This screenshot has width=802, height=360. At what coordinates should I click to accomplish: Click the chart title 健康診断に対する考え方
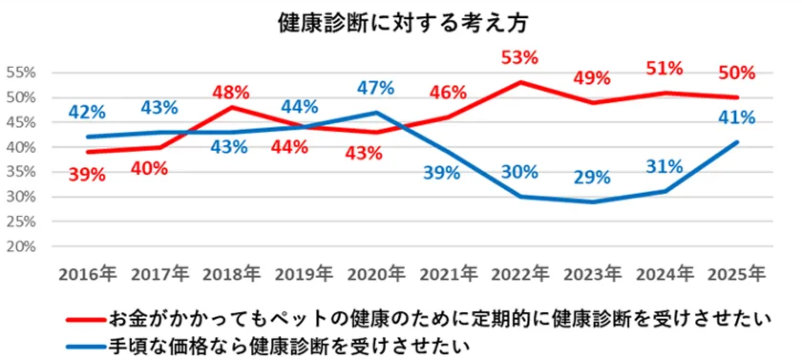click(400, 22)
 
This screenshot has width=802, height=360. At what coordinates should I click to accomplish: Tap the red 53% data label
click(521, 58)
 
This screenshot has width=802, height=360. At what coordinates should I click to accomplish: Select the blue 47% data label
click(375, 89)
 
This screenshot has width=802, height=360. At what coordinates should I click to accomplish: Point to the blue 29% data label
click(594, 179)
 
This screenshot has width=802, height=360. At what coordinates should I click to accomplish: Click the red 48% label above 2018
click(231, 93)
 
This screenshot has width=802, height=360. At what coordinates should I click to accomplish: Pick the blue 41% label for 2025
click(737, 118)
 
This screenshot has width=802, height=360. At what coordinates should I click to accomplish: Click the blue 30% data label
click(521, 173)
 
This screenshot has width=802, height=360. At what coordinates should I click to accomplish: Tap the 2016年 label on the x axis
click(88, 274)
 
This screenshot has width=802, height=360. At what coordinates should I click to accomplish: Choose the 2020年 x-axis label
click(375, 274)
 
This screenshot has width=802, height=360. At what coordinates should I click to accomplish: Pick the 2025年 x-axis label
click(736, 274)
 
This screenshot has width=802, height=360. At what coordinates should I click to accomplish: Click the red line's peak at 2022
click(521, 82)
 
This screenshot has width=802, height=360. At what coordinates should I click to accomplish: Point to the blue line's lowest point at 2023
click(593, 201)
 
